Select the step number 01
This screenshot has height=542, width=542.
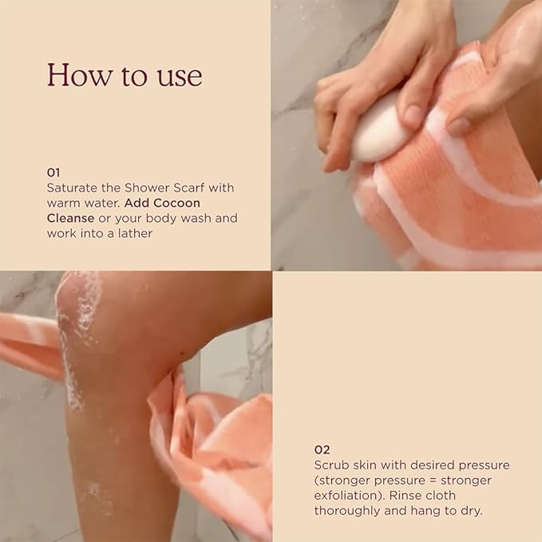pos(53,172)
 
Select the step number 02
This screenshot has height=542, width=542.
pos(322,449)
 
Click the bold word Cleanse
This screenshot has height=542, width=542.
pos(70,218)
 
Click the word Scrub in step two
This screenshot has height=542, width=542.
pos(332,465)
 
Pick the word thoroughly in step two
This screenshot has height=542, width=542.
pos(347,510)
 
